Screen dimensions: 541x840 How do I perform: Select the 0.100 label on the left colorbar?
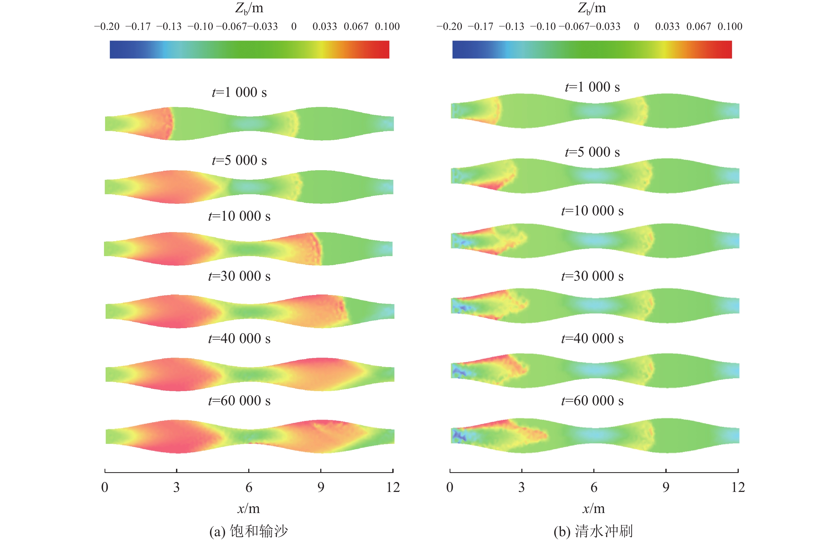coord(387,26)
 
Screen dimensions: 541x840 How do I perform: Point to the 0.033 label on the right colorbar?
coord(667,26)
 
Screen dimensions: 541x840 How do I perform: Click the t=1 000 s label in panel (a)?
coord(239,92)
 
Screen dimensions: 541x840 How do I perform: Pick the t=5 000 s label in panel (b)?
coord(593,152)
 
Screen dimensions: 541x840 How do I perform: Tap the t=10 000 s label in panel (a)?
coord(239,216)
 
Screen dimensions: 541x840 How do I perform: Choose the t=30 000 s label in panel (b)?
coord(593,276)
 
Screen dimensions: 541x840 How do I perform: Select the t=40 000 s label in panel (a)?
coord(239,339)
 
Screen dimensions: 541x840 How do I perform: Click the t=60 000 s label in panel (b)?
coord(593,401)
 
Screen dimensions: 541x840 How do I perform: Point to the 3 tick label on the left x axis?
coord(176,487)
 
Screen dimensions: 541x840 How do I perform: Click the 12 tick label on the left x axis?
coord(393,487)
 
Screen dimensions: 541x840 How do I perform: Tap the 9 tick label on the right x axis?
coord(666,487)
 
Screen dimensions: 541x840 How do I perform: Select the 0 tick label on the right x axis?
coord(450,487)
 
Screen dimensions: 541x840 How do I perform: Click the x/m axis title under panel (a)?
coord(249,508)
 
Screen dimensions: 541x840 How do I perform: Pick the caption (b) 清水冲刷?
coord(593,531)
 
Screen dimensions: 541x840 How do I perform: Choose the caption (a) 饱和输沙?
coord(249,531)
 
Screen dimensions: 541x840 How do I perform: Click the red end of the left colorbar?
coord(384,50)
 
